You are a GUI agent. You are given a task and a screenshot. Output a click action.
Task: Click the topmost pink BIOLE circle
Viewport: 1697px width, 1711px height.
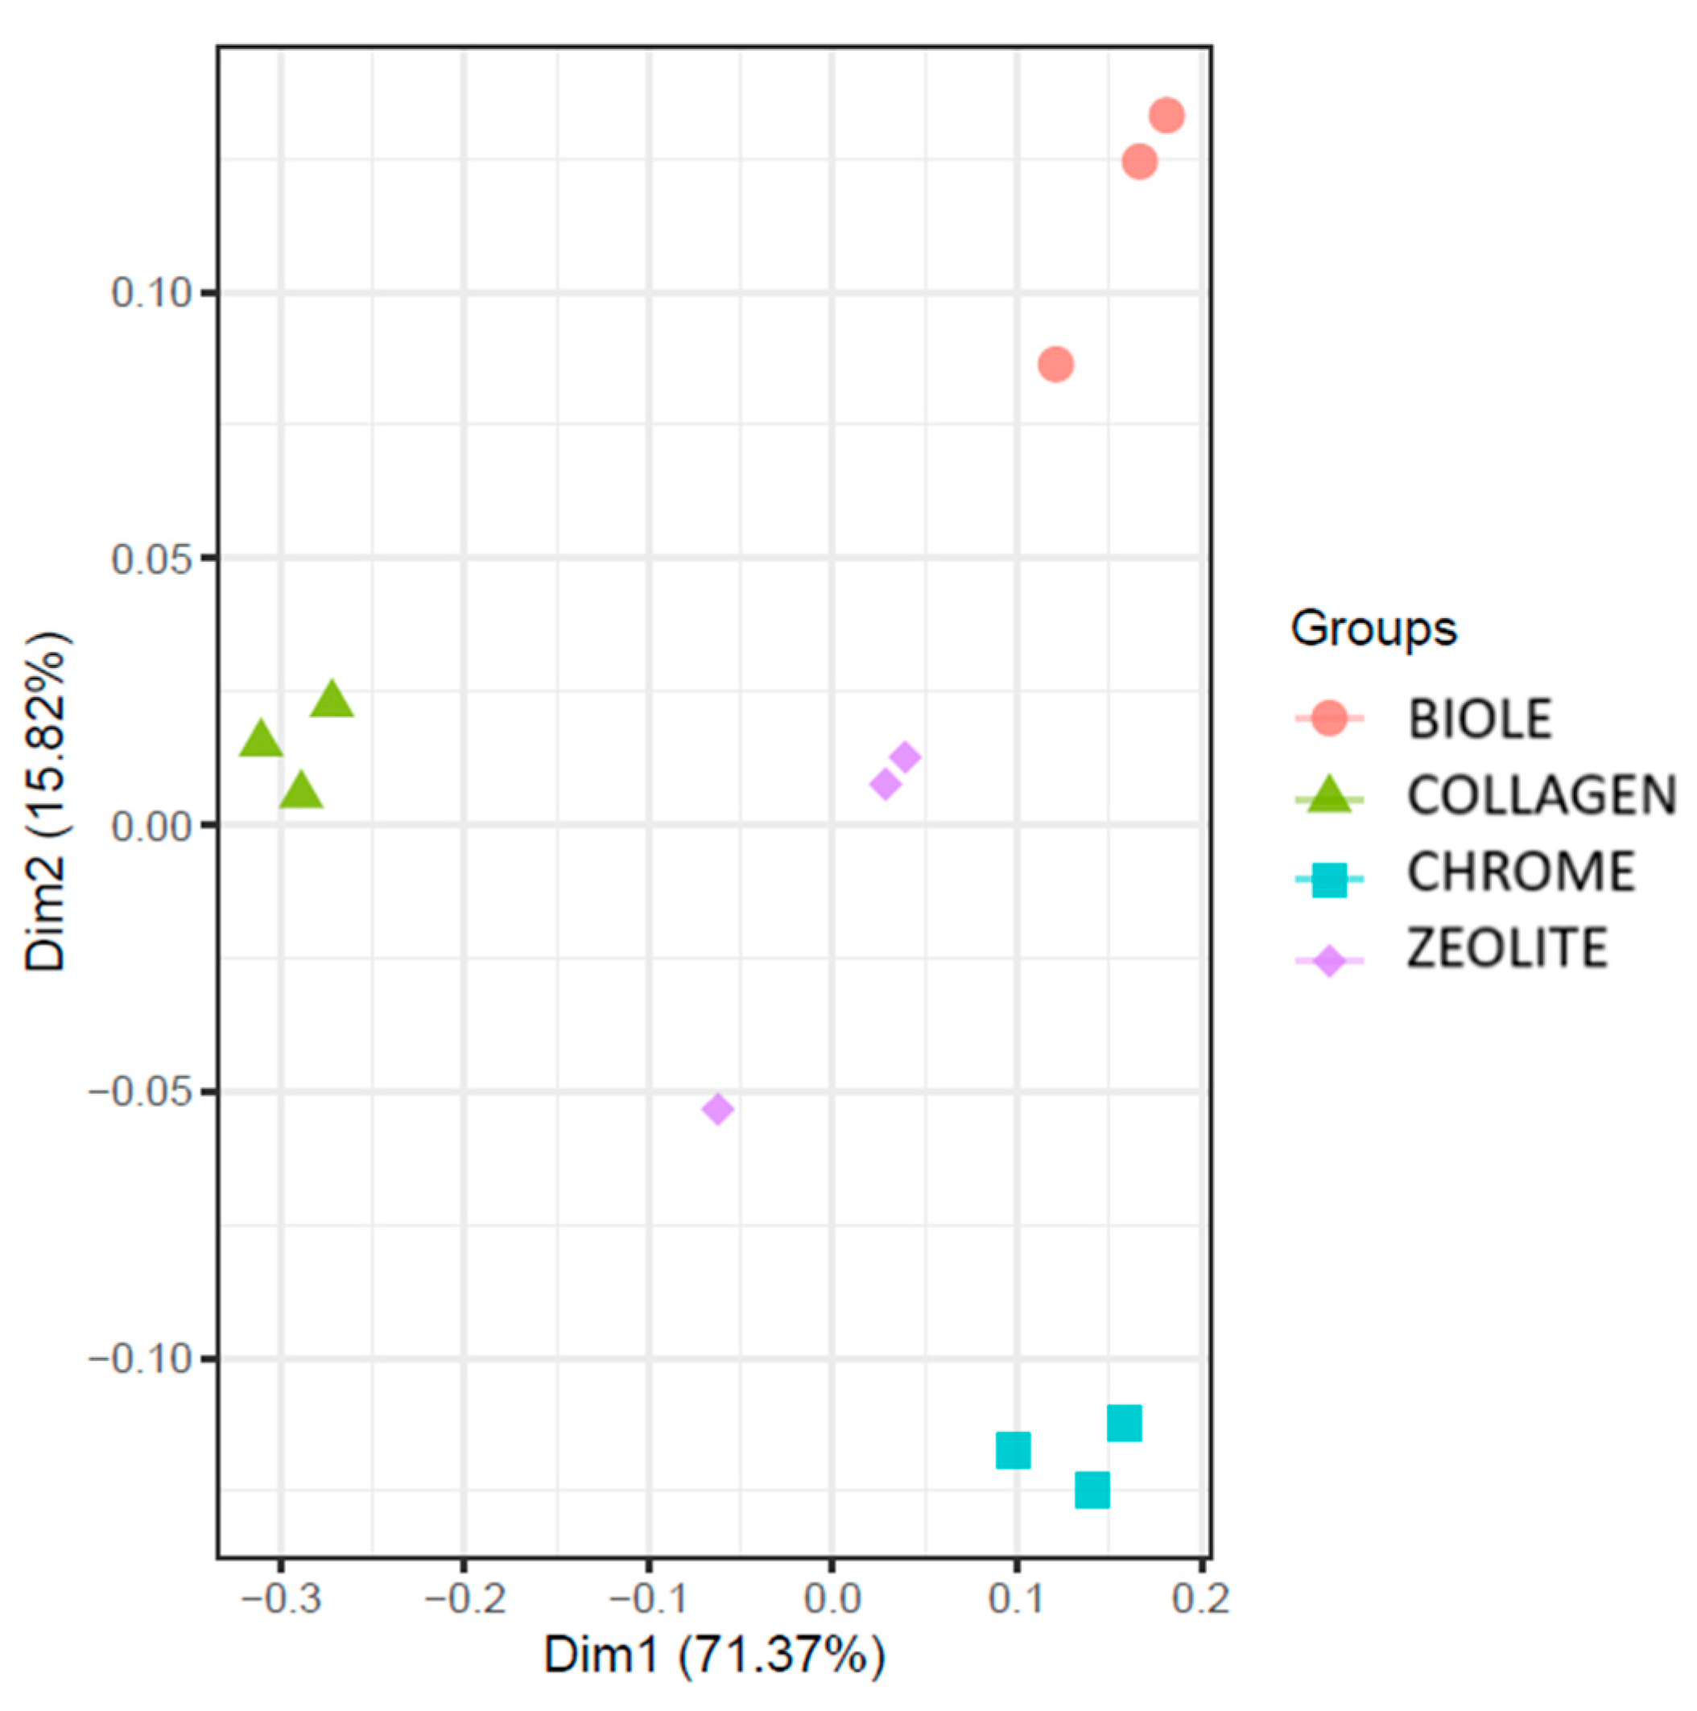tap(1166, 115)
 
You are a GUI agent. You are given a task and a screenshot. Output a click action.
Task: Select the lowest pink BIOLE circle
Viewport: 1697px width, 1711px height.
tap(1055, 364)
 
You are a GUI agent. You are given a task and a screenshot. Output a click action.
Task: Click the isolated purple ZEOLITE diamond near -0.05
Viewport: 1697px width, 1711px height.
tap(717, 1109)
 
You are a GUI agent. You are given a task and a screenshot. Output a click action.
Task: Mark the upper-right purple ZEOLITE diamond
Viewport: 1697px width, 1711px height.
tap(904, 757)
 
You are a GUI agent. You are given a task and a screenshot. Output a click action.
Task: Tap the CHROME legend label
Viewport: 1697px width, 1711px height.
tap(1520, 872)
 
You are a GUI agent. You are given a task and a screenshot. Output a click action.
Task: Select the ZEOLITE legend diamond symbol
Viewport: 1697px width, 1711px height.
tap(1328, 960)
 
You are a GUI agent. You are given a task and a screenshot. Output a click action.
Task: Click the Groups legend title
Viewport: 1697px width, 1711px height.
tap(1373, 629)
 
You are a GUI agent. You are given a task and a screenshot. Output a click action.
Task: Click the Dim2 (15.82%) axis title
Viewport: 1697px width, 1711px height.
tap(46, 802)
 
